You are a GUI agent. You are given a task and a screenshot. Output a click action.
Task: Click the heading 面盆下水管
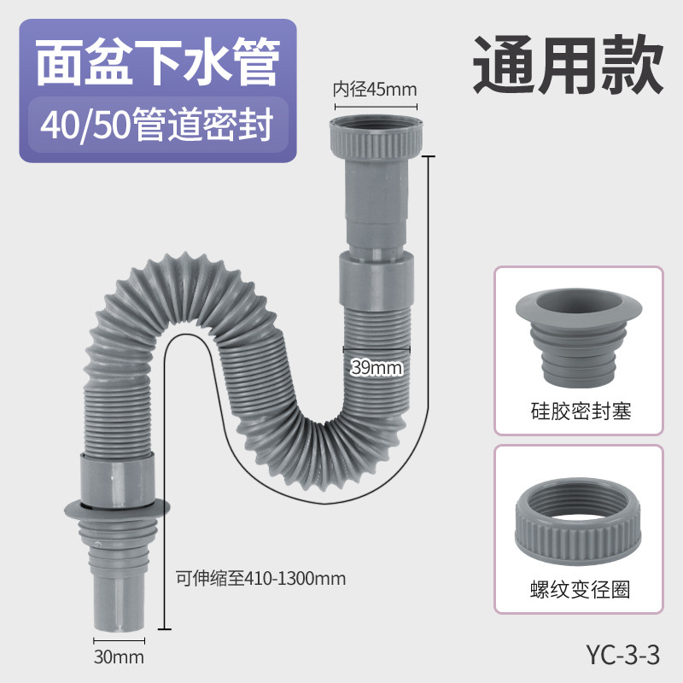click(x=158, y=61)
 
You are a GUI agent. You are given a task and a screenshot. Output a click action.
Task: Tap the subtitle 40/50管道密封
click(x=157, y=125)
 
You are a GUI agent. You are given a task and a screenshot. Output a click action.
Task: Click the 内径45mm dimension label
click(x=375, y=90)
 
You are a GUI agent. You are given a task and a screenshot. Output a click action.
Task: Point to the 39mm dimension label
click(x=377, y=368)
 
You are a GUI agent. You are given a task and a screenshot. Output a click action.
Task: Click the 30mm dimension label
click(x=119, y=657)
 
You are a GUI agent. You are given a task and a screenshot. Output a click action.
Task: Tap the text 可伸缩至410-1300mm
click(x=261, y=579)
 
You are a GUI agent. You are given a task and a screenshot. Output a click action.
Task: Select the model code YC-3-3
click(x=623, y=655)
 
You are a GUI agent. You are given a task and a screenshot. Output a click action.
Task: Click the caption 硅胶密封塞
click(x=581, y=412)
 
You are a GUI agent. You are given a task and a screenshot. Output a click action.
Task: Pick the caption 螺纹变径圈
click(x=581, y=590)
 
